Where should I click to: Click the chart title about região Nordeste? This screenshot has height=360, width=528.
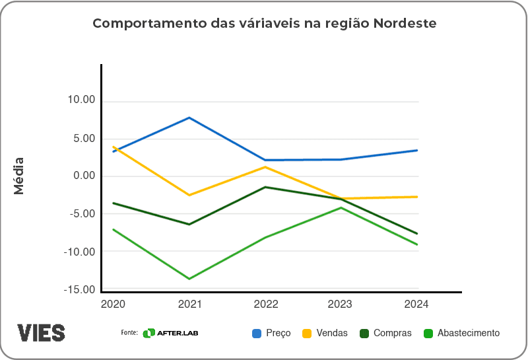click(x=264, y=24)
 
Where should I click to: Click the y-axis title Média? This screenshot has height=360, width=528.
click(x=19, y=176)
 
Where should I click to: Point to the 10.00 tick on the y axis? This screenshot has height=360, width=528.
click(x=81, y=100)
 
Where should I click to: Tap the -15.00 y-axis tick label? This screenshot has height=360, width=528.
click(x=79, y=289)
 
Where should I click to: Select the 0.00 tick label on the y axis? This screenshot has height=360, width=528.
click(x=83, y=176)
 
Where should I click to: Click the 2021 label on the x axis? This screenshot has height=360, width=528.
click(x=189, y=305)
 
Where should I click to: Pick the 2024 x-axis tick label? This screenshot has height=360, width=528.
click(x=416, y=305)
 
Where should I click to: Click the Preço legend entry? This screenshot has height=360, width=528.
click(x=271, y=334)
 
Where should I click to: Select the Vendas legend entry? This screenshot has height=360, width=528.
click(x=325, y=334)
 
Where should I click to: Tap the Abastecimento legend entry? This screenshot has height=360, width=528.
click(x=461, y=334)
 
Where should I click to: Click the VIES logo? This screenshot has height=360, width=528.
click(x=41, y=332)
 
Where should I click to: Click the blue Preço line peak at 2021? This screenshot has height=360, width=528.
click(x=189, y=118)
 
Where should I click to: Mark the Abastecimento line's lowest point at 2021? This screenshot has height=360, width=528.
click(x=189, y=279)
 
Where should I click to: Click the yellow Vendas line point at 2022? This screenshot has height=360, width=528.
click(x=265, y=166)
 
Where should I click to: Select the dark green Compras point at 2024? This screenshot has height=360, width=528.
click(x=417, y=233)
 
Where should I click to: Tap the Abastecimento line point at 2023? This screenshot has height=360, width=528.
click(x=341, y=207)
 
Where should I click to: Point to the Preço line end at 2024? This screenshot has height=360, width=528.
click(x=417, y=150)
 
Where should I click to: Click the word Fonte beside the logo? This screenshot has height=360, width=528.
click(x=129, y=333)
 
